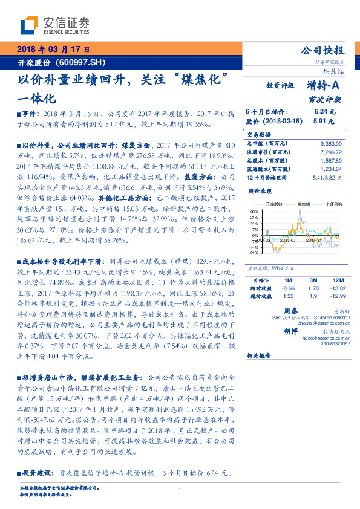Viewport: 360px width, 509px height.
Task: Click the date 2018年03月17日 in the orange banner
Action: click(50, 50)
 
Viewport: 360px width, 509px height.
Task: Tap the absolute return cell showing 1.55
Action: click(289, 296)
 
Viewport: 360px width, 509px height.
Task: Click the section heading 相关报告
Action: click(261, 373)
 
